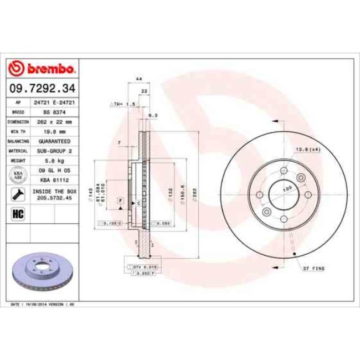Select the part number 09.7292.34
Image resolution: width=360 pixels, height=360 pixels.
coord(41,88)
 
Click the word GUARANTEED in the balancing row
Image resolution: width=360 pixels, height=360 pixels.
coord(54,141)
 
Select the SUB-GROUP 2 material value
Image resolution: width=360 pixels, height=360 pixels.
coord(54,150)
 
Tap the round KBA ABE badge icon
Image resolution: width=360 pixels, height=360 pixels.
coord(17,175)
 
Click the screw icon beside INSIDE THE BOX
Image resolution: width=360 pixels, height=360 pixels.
coord(17,194)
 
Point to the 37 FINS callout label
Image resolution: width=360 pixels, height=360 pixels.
coord(313,268)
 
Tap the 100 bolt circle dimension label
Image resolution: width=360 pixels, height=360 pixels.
coord(287,189)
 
